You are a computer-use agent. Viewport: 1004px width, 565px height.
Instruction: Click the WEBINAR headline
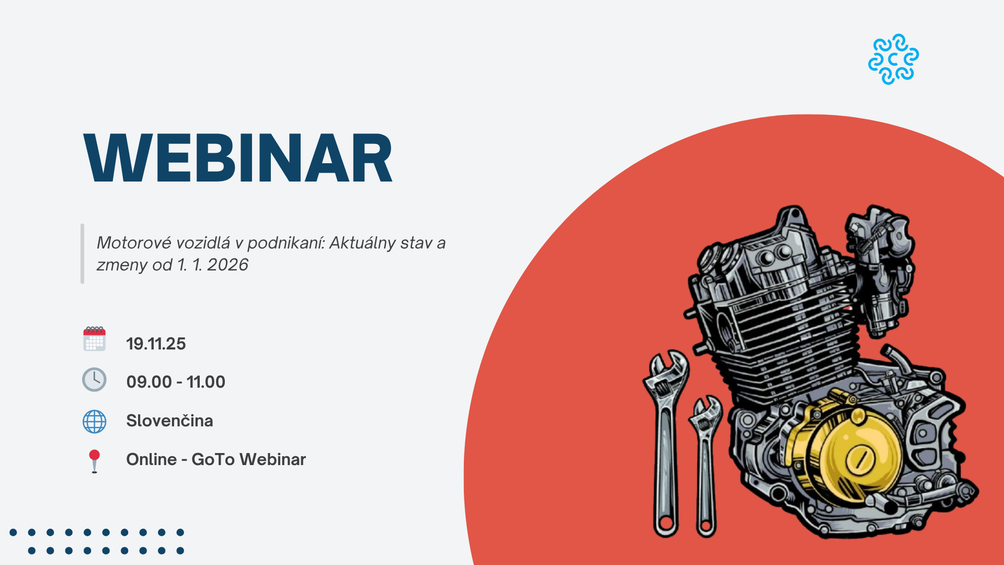(x=238, y=158)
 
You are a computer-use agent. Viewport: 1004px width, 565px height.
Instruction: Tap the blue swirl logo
(x=893, y=59)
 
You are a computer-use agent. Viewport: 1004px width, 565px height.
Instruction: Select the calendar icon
(x=94, y=339)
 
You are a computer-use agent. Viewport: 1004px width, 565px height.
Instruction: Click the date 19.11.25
(x=156, y=344)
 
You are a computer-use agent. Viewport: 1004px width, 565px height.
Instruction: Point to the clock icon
(x=94, y=380)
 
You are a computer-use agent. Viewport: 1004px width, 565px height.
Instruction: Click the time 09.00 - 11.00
(x=176, y=382)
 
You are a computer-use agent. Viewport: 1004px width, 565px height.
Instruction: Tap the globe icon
(x=94, y=421)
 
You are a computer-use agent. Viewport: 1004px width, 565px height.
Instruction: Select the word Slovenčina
(x=169, y=421)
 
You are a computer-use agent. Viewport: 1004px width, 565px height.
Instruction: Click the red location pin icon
(x=94, y=461)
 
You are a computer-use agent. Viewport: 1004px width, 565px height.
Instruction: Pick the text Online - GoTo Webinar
(x=216, y=459)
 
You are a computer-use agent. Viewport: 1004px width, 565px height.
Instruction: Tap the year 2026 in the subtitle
(x=227, y=265)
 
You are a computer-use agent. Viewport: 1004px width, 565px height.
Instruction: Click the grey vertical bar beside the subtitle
(x=82, y=254)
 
